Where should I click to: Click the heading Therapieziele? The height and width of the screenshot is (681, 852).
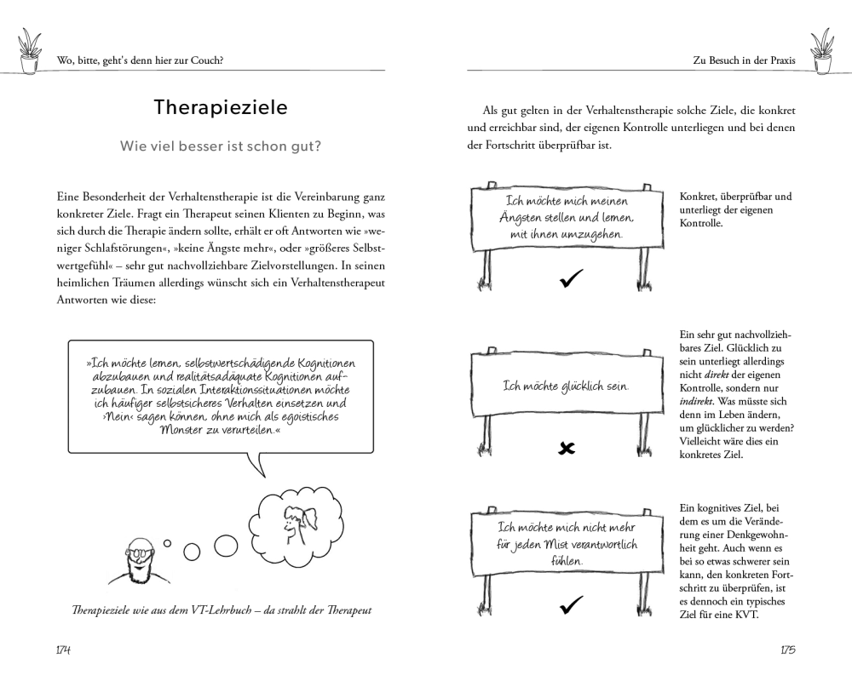tap(221, 108)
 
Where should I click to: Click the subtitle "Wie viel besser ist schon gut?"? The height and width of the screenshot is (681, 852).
tap(221, 146)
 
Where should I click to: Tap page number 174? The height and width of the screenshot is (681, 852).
tap(60, 650)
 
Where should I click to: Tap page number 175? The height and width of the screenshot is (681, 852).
tap(787, 650)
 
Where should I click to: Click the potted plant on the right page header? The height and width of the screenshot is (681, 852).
tap(822, 50)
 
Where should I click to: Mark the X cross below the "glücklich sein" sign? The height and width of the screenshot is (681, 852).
tap(567, 448)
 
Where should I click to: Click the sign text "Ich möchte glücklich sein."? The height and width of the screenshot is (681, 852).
tap(567, 386)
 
